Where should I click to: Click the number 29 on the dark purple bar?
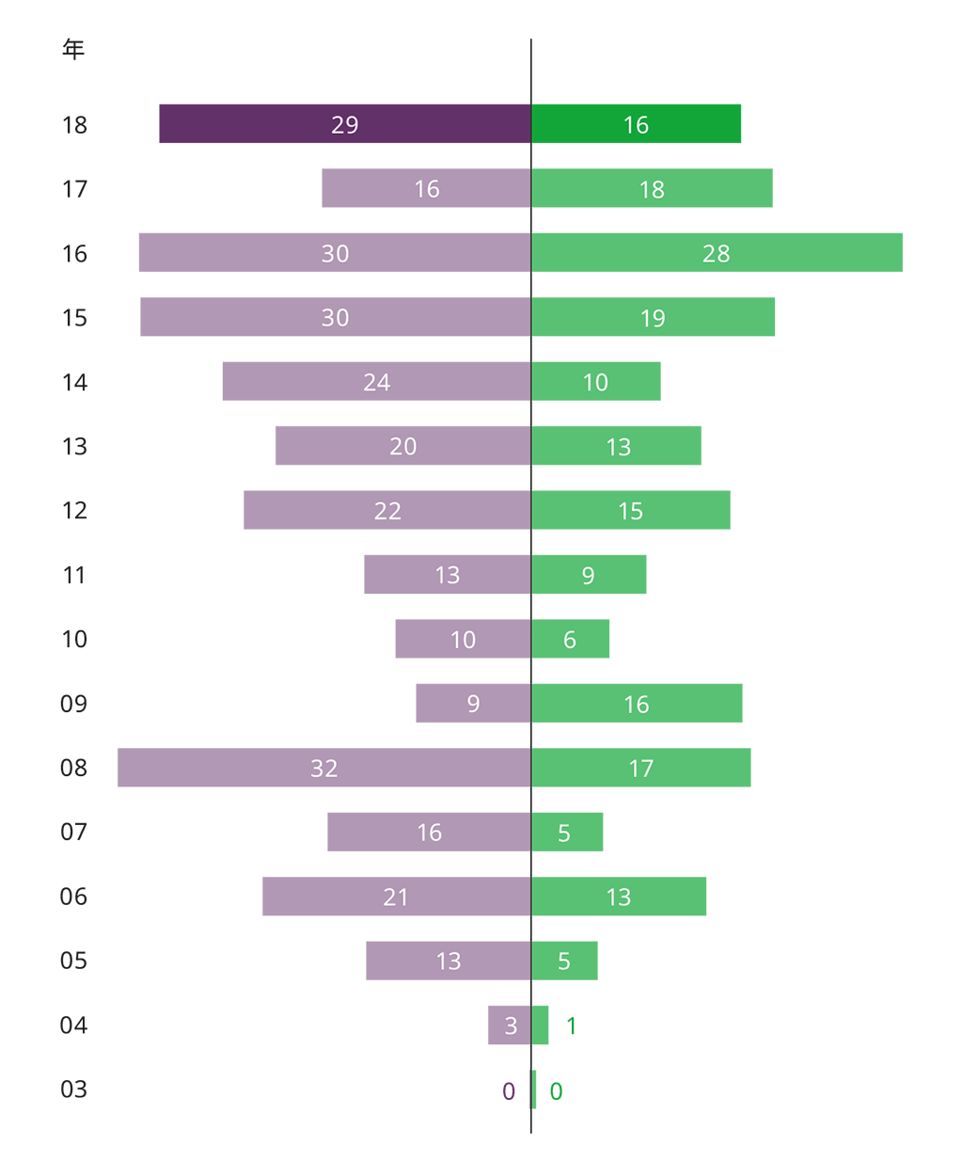[x=344, y=125]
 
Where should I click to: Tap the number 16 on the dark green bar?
[x=636, y=125]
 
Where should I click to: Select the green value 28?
[x=716, y=254]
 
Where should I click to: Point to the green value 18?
[x=652, y=190]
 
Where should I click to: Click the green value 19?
[x=653, y=319]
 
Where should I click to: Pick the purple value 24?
[x=376, y=383]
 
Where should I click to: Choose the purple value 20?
[x=402, y=447]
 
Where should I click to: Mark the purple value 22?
[x=387, y=511]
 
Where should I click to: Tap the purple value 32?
[x=323, y=769]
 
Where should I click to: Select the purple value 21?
[x=396, y=898]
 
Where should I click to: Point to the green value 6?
[x=569, y=641]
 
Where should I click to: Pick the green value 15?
[x=630, y=512]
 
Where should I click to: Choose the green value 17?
[x=640, y=769]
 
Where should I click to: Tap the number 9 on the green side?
[x=588, y=576]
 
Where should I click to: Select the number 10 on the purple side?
[x=463, y=641]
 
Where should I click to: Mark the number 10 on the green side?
[x=595, y=383]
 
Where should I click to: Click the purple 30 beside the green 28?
[x=335, y=254]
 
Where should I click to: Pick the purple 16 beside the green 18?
[x=427, y=190]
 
